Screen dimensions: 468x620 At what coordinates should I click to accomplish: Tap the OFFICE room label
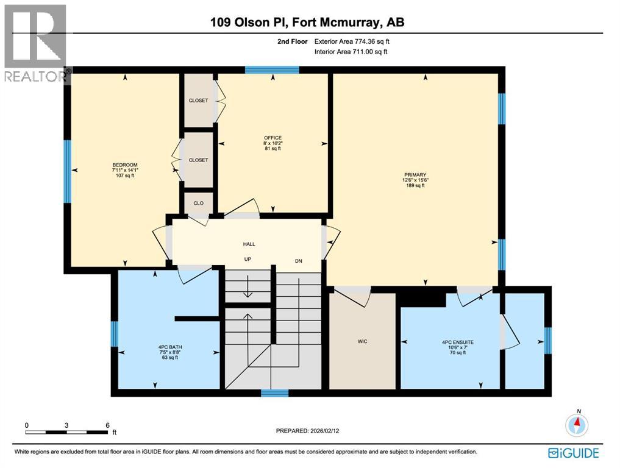[273, 137]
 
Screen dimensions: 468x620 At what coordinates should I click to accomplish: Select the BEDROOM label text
[125, 165]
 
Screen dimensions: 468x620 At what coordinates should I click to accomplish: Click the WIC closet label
[362, 341]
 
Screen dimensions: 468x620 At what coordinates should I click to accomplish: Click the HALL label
[249, 244]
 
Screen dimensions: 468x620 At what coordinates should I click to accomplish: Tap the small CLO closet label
[199, 204]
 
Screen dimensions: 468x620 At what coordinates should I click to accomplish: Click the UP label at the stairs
[248, 260]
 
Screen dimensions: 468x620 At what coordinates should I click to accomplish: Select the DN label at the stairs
[298, 261]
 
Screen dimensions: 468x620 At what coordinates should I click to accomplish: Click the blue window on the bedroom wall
[68, 171]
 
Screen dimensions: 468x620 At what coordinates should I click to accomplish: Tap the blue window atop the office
[272, 70]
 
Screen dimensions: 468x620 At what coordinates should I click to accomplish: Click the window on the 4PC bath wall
[115, 334]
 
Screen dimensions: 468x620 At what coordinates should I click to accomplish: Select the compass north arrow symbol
[577, 424]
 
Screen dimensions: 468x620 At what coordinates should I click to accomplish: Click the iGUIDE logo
[573, 453]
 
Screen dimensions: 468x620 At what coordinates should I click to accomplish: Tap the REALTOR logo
[35, 43]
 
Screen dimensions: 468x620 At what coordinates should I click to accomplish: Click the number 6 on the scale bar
[107, 425]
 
